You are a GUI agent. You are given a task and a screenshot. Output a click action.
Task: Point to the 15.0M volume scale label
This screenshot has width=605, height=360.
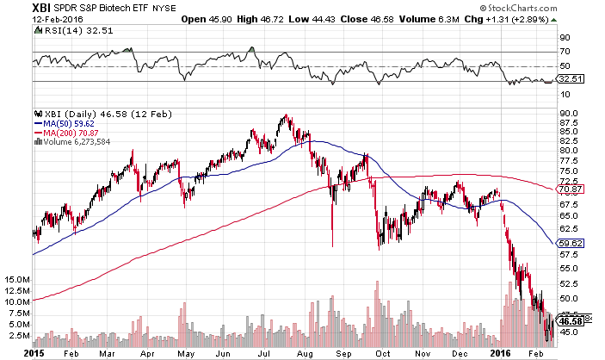18,281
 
